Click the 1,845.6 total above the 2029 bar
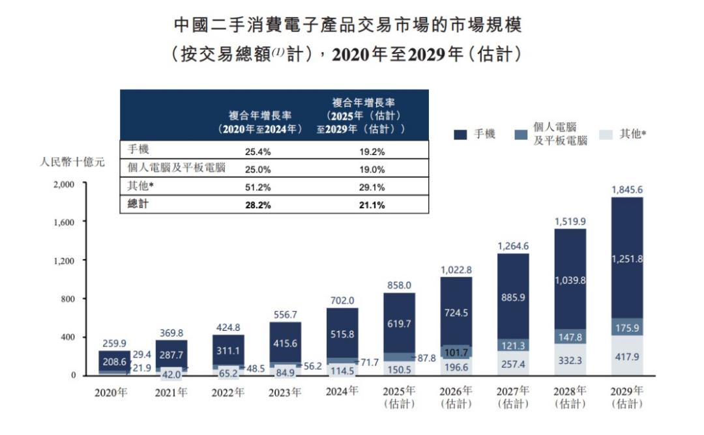pyautogui.click(x=627, y=189)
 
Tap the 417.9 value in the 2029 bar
pyautogui.click(x=627, y=357)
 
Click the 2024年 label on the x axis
pyautogui.click(x=342, y=391)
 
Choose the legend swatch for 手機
pyautogui.click(x=461, y=135)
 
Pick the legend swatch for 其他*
pyautogui.click(x=606, y=135)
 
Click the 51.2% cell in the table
pyautogui.click(x=256, y=188)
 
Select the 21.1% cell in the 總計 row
pyautogui.click(x=372, y=205)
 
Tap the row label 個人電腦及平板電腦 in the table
pyautogui.click(x=175, y=168)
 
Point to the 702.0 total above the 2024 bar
pyautogui.click(x=342, y=300)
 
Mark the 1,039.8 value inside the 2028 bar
pyautogui.click(x=570, y=281)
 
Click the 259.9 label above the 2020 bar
pyautogui.click(x=115, y=343)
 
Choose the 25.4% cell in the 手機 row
pyautogui.click(x=256, y=152)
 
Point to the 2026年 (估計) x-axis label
pyautogui.click(x=456, y=397)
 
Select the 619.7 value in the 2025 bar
pyautogui.click(x=400, y=323)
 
